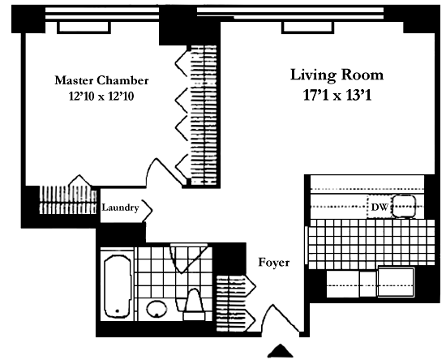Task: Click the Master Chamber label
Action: [101, 80]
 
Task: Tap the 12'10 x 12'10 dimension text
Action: [101, 96]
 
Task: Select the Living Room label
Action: [337, 75]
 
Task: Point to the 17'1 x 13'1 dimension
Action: [337, 95]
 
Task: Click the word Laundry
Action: [120, 208]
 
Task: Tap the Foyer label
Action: [274, 262]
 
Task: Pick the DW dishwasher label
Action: [380, 208]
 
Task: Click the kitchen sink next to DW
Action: [404, 206]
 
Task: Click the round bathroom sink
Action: [157, 309]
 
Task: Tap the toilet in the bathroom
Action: [194, 305]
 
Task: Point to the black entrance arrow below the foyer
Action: [281, 351]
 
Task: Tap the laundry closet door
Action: [148, 211]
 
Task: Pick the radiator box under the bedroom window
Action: [84, 28]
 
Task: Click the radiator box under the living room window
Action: [307, 28]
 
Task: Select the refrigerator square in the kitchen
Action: [396, 282]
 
